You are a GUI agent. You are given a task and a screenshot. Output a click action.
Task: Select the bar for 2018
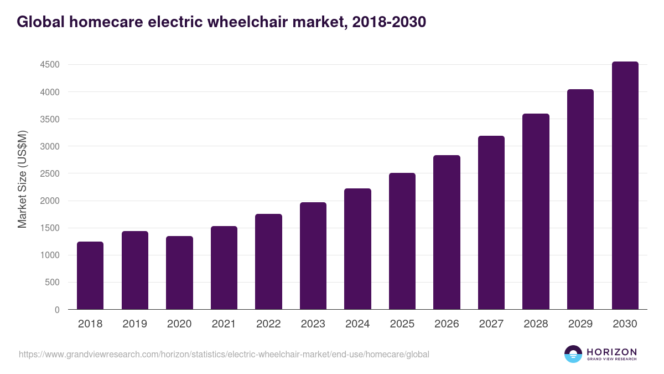coord(90,275)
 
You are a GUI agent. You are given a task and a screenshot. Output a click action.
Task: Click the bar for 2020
coord(179,273)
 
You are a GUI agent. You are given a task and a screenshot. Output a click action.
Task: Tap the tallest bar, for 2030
coord(625,186)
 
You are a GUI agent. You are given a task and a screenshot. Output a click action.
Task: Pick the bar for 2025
coord(402,241)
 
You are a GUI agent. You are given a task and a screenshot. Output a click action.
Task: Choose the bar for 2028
coord(536,212)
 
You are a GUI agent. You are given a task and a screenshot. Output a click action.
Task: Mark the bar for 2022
coord(268,262)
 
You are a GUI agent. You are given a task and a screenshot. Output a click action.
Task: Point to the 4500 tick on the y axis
coord(50,65)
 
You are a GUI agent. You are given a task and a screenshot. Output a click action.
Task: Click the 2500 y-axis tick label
coord(50,173)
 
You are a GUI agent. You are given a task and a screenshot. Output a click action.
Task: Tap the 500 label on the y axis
coord(53,283)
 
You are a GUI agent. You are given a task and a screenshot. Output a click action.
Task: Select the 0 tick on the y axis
coord(57,310)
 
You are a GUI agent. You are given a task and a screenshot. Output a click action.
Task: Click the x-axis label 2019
coord(134,324)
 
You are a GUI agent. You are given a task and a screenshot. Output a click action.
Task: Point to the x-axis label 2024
coord(357,324)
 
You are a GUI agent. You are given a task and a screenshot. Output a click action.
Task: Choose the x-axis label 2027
coord(491,324)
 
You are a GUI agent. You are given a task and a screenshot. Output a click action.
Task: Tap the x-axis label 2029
coord(580,324)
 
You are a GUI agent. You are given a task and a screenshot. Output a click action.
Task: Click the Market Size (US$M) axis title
coord(23,179)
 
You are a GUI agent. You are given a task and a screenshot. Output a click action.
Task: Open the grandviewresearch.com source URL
coord(224,354)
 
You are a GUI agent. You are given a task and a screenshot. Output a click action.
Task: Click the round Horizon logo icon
coord(573,354)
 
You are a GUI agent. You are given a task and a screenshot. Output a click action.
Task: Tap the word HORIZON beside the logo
coord(611,351)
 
